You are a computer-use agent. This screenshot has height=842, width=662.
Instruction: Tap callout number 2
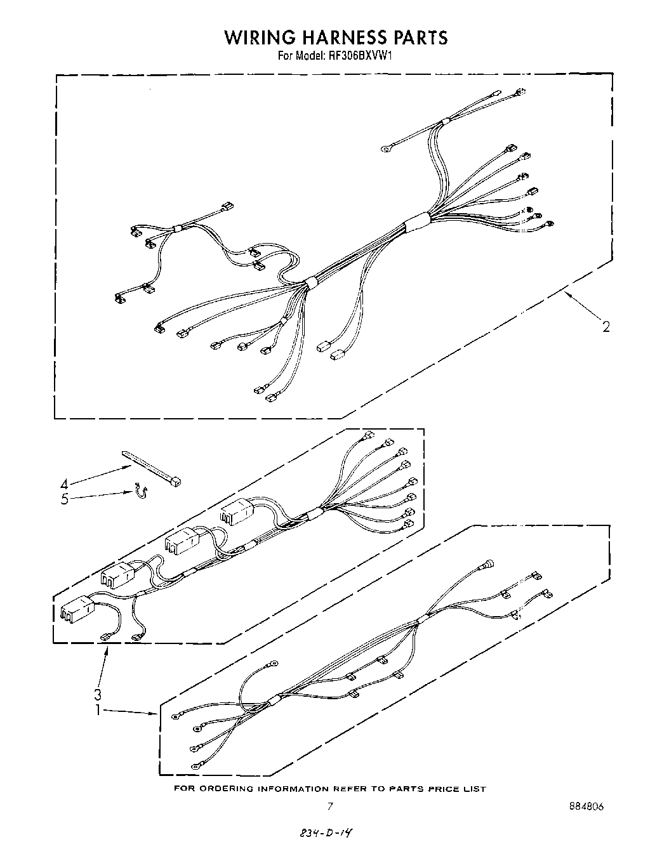pos(606,327)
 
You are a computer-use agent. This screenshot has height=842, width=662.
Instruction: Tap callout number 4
pos(65,482)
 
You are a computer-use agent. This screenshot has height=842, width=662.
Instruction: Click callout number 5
pos(64,499)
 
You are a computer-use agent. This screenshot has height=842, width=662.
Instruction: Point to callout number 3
pos(97,693)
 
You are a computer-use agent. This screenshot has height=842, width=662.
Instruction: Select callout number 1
pos(97,710)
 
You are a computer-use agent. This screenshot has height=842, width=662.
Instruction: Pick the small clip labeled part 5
pos(140,490)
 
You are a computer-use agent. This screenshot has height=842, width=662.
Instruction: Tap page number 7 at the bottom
pos(329,806)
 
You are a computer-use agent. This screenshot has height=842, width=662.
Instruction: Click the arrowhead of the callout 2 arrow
pos(567,293)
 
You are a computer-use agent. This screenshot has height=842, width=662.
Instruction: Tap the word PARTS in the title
pos(420,37)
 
